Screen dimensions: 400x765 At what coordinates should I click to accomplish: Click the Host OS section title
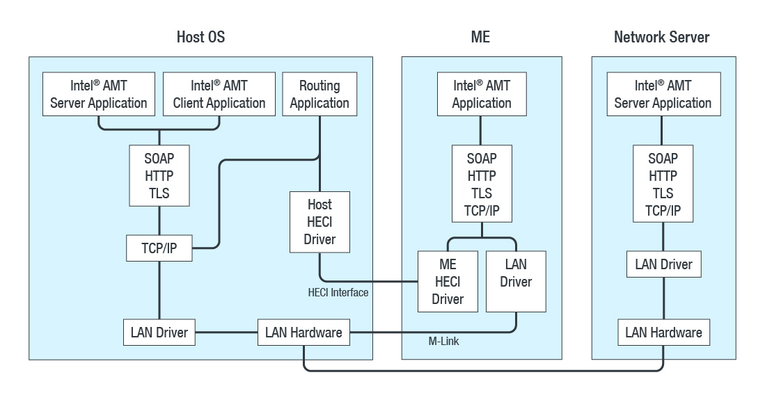point(200,37)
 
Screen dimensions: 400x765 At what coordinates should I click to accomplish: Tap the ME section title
point(480,37)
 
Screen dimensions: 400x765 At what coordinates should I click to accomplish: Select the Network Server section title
point(661,37)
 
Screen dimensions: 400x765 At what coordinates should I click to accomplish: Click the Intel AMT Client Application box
point(219,94)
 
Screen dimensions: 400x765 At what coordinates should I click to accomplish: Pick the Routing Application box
point(320,94)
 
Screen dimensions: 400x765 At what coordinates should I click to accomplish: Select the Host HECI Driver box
point(320,222)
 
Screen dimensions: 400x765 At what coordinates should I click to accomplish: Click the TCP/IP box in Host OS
point(159,248)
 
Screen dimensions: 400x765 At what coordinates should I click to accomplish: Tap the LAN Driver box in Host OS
point(159,333)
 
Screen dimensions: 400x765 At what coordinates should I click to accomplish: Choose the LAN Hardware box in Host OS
point(303,333)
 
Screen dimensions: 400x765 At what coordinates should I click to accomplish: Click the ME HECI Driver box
point(448,282)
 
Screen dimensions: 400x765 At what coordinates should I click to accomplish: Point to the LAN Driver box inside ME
point(515,282)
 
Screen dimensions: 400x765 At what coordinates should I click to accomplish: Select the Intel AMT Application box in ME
point(481,94)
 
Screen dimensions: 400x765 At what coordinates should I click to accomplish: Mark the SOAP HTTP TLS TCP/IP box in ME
point(482,184)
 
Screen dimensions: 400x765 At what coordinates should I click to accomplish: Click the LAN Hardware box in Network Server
point(663,333)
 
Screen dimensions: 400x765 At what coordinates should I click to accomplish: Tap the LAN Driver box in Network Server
point(663,264)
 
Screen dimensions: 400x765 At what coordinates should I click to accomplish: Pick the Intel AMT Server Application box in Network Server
point(663,94)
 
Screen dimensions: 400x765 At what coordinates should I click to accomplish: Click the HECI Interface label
point(338,293)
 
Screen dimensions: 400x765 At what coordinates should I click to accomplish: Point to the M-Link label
point(443,342)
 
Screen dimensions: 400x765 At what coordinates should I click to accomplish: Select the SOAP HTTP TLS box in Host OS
point(159,175)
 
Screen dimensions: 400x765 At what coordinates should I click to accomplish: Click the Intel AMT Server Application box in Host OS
point(99,94)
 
